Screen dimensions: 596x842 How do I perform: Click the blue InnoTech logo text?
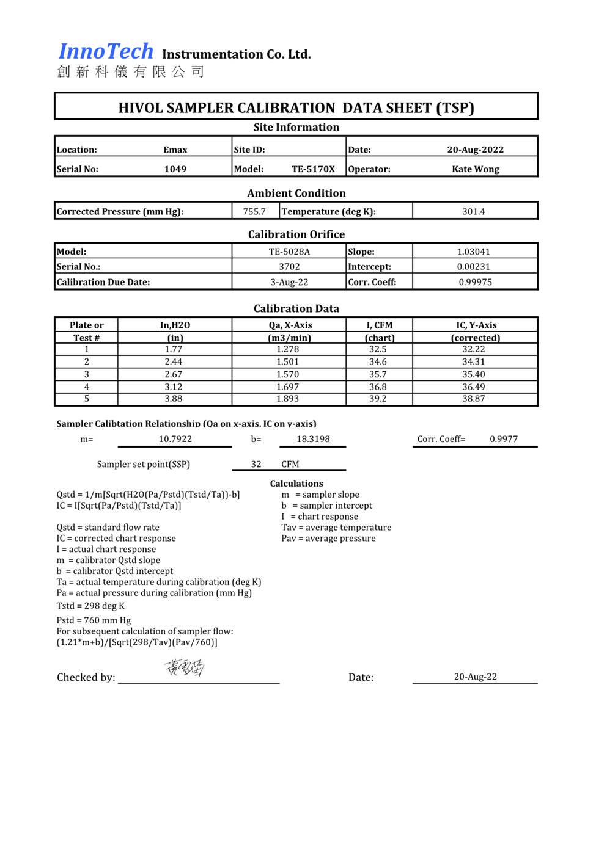[x=106, y=51]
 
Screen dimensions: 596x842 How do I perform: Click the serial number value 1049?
[x=175, y=169]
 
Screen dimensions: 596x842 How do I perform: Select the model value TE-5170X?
[x=313, y=169]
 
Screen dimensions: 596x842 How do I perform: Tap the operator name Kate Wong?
[x=475, y=169]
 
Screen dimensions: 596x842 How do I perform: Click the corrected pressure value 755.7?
[x=254, y=212]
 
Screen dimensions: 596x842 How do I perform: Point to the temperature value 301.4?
[x=473, y=212]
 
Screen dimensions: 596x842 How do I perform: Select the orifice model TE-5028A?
[x=289, y=252]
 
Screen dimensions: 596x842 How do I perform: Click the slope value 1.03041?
[x=473, y=252]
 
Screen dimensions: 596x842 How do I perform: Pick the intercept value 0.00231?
[x=473, y=267]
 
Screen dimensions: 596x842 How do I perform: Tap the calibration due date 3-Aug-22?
[x=289, y=282]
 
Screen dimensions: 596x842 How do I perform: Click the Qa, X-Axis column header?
[x=290, y=325]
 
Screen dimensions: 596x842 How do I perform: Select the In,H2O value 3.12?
[x=174, y=387]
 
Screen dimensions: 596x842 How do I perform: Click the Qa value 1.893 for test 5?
[x=287, y=399]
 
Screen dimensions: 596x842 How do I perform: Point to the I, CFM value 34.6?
[x=378, y=362]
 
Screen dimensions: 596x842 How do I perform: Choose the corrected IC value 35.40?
[x=473, y=374]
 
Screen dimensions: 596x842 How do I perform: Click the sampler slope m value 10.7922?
[x=175, y=439]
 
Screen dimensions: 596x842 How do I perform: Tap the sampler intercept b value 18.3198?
[x=313, y=439]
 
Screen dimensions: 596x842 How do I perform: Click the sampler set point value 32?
[x=256, y=464]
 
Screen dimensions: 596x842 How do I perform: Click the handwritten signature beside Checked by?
[x=185, y=668]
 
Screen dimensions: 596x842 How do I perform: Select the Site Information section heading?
[x=296, y=127]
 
